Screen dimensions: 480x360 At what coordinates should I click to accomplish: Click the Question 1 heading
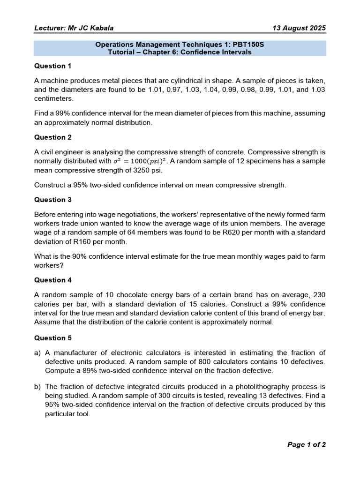[x=53, y=66]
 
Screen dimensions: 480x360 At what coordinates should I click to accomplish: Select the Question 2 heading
[x=53, y=137]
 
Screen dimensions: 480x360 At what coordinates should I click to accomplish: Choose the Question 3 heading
[x=53, y=200]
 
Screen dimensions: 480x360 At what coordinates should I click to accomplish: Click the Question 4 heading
[x=53, y=280]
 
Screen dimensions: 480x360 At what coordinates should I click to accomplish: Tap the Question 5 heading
[x=53, y=338]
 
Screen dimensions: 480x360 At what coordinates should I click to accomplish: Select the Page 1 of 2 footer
[x=306, y=445]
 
